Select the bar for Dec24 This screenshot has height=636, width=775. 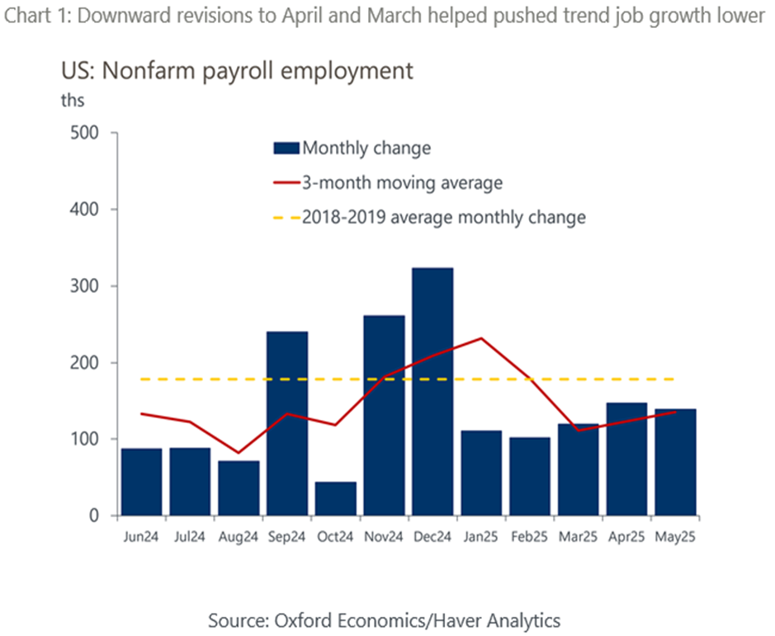click(x=432, y=392)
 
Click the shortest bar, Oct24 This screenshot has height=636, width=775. click(x=335, y=499)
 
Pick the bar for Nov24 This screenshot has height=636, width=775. click(x=384, y=416)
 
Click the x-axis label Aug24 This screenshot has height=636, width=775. click(x=239, y=537)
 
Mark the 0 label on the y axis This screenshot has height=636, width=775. click(x=92, y=516)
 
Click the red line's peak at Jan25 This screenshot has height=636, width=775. click(x=480, y=338)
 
